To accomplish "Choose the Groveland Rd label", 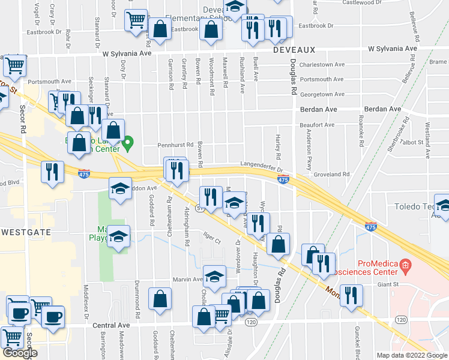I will (x=331, y=175).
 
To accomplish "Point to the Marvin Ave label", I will (x=189, y=279).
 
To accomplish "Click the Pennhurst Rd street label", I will (x=175, y=145).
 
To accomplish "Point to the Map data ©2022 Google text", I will (x=412, y=355).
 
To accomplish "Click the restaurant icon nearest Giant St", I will (x=351, y=295).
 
